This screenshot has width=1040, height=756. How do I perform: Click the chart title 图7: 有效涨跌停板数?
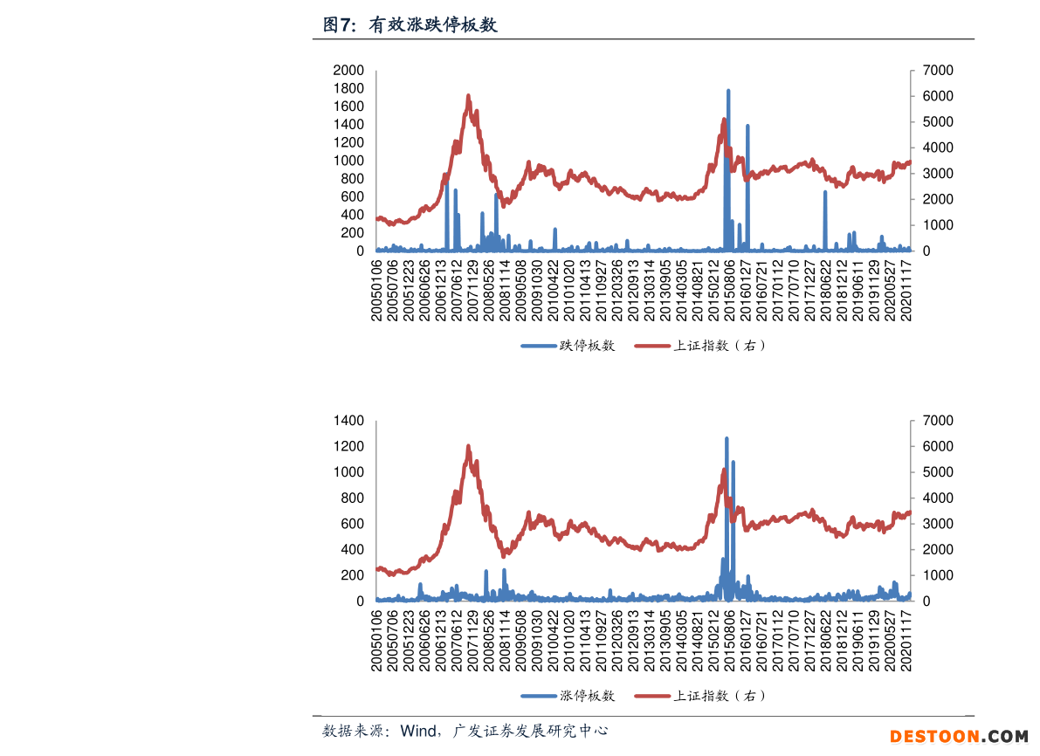[x=410, y=25]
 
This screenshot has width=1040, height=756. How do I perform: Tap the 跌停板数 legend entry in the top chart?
[x=587, y=346]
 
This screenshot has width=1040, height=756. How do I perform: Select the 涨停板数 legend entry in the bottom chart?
[x=587, y=696]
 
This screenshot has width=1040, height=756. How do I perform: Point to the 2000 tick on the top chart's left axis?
[x=348, y=70]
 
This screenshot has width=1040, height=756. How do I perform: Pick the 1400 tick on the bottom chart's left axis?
[x=348, y=421]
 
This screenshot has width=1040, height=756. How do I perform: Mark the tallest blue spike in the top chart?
[x=728, y=91]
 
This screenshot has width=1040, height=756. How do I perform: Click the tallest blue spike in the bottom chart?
[x=727, y=439]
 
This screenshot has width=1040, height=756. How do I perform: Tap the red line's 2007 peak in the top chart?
[x=468, y=96]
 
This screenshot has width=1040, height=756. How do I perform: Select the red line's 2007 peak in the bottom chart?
[x=468, y=447]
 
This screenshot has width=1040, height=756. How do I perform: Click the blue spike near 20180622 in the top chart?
[x=825, y=192]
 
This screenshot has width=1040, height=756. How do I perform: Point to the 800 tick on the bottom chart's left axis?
[x=352, y=498]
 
